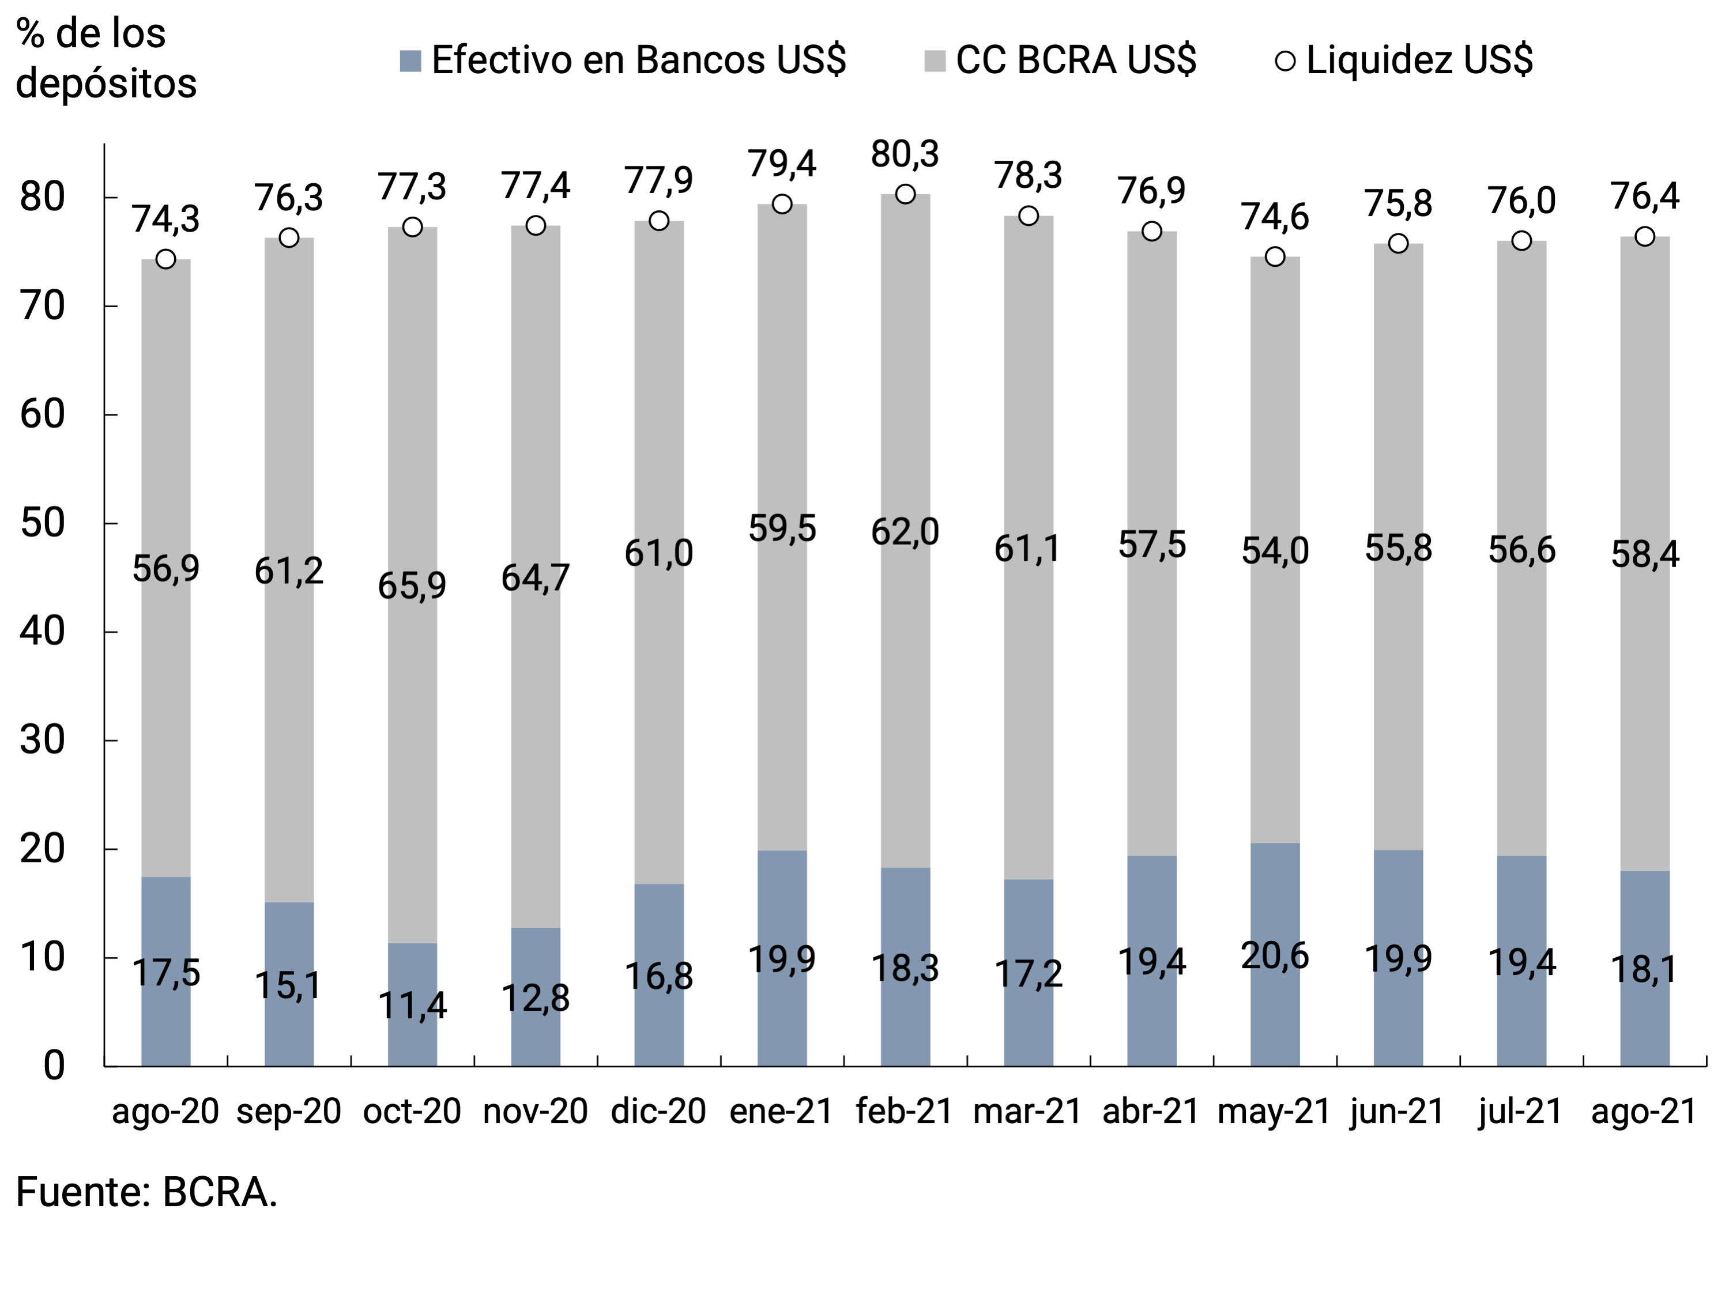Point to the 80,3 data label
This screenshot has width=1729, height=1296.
[905, 154]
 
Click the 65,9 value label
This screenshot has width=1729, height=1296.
[412, 586]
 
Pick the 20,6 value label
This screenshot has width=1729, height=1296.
[1275, 956]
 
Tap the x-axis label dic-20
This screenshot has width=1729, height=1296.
[658, 1111]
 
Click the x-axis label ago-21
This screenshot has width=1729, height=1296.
[1644, 1111]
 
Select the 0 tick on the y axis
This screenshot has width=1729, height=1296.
[53, 1065]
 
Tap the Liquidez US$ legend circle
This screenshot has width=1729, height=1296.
[1285, 61]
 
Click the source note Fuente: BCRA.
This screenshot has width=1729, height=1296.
[147, 1193]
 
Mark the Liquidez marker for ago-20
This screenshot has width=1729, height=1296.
[165, 259]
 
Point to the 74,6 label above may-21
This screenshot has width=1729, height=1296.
[1275, 217]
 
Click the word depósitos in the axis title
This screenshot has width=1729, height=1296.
[106, 84]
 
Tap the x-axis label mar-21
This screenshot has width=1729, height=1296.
[1027, 1111]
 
